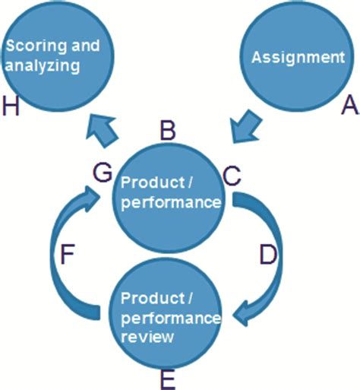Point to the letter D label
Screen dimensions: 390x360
click(267, 255)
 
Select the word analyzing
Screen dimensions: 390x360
click(43, 66)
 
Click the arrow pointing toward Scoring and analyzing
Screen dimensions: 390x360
click(103, 131)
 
